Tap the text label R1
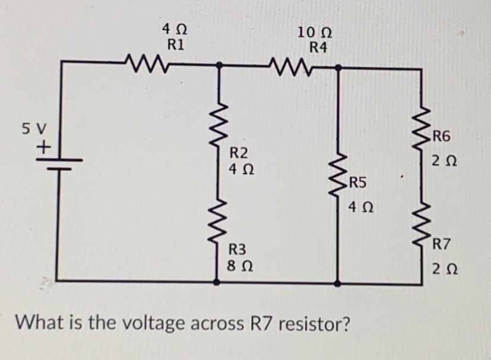[176, 44]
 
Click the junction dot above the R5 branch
[339, 68]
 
